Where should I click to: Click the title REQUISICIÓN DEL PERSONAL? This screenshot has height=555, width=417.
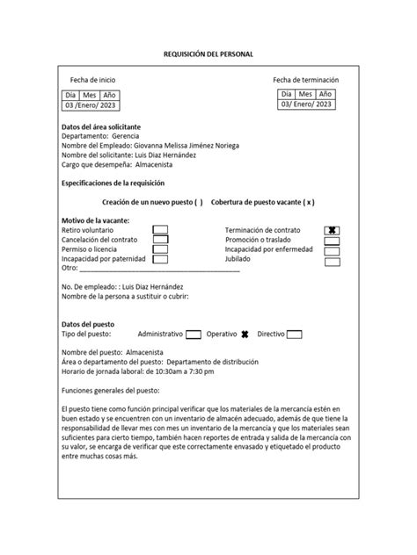pos(208,54)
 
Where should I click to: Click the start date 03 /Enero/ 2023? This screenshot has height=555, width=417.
pos(90,105)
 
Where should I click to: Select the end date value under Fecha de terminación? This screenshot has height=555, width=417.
pos(306,104)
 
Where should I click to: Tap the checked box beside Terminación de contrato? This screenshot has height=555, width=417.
pos(332,229)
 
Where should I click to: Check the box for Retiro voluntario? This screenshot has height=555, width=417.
pos(160,229)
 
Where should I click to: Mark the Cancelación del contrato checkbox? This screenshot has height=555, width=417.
pos(160,239)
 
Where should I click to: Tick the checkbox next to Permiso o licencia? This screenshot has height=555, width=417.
pos(160,249)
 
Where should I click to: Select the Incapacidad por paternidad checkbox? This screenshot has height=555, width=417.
pos(160,259)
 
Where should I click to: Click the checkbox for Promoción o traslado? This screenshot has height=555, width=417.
pos(332,240)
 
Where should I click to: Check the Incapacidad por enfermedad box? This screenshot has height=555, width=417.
pos(332,250)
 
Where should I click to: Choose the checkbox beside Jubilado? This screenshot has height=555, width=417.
pos(332,261)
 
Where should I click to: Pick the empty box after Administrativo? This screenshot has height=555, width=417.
pos(194,335)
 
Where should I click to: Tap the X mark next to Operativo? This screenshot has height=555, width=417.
pos(245,335)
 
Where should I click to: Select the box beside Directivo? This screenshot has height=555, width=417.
pos(295,335)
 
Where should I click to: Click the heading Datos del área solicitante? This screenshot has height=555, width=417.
pos(100,127)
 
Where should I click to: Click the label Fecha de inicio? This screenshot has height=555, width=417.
pos(93,80)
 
